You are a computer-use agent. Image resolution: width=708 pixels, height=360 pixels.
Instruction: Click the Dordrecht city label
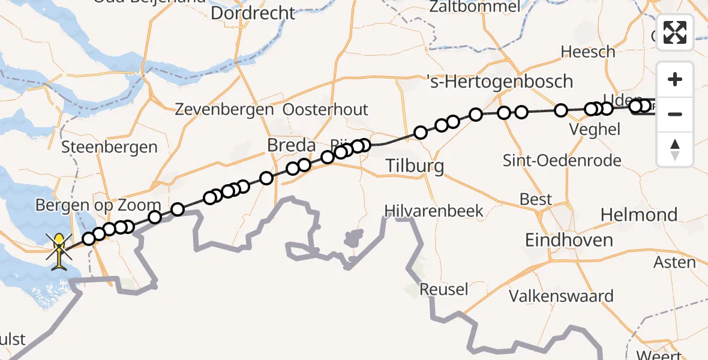click(x=253, y=13)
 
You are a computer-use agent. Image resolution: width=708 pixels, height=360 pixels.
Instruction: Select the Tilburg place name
click(x=415, y=166)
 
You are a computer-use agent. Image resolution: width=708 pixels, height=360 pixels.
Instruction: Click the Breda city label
click(x=292, y=145)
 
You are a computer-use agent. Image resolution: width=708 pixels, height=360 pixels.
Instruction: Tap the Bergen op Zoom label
click(x=98, y=205)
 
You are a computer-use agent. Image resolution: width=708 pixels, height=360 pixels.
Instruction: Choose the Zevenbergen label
click(x=224, y=110)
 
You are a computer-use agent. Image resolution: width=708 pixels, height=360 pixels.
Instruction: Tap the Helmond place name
click(x=638, y=214)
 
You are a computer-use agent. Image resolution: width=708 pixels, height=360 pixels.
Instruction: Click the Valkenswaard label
click(x=561, y=296)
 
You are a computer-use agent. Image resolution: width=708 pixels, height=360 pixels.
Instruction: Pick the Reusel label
click(x=443, y=289)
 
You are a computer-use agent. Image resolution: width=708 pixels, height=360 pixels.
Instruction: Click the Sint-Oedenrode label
click(x=562, y=161)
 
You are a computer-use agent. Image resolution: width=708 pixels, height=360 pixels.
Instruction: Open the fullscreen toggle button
click(x=675, y=32)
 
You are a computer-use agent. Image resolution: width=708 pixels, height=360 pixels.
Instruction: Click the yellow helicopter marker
click(x=59, y=251)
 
